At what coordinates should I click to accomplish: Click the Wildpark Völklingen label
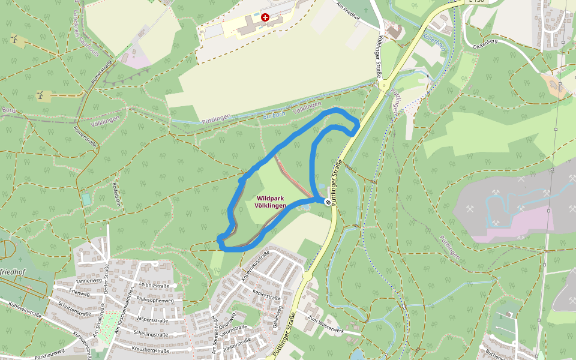click(270, 202)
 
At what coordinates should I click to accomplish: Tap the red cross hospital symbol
click(265, 18)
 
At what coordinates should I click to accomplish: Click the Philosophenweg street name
click(155, 301)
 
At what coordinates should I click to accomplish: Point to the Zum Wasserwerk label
click(325, 325)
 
